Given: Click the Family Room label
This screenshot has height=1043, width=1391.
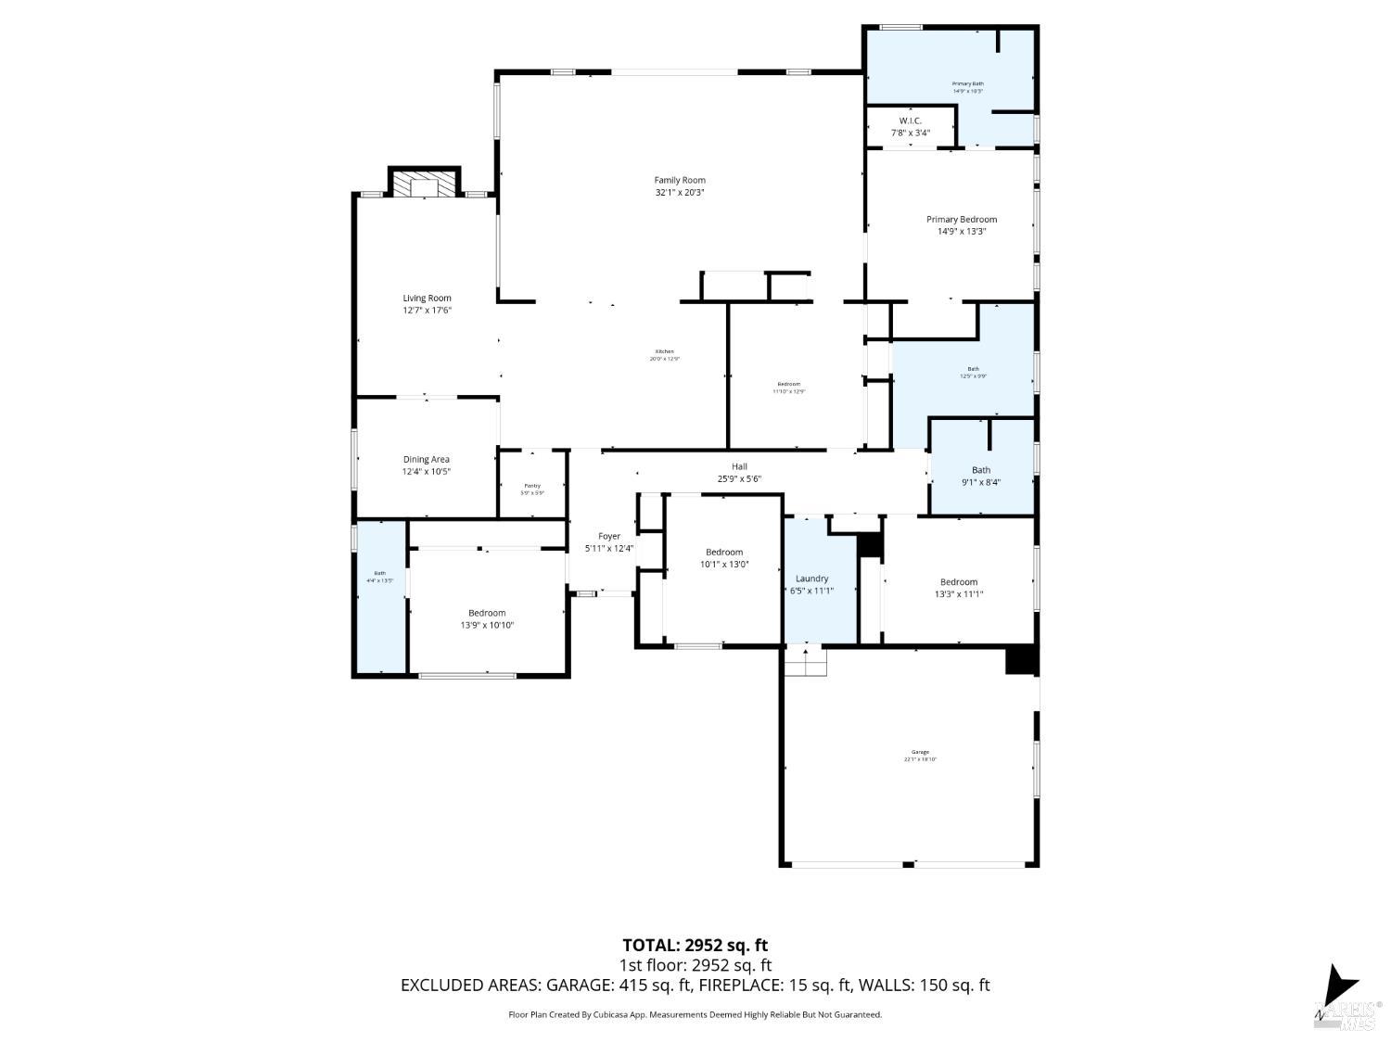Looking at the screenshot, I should tap(680, 181).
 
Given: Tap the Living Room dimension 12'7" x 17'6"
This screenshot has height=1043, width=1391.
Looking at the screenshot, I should tap(427, 311).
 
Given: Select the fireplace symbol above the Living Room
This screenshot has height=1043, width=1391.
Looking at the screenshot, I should tap(424, 184).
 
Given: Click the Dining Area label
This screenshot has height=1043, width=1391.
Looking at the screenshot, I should tap(426, 460).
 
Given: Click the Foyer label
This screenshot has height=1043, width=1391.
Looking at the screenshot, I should tap(608, 537).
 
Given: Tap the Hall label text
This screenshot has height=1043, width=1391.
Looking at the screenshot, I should tap(738, 467).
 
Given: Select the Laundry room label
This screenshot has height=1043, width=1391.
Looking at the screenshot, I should tap(811, 579).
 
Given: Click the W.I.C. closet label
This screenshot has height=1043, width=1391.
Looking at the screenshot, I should tap(910, 121).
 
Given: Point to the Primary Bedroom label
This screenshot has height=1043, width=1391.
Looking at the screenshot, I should tap(961, 220).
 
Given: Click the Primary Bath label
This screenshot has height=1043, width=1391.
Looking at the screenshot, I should tap(967, 84).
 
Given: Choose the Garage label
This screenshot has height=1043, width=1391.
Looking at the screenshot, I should tap(920, 753).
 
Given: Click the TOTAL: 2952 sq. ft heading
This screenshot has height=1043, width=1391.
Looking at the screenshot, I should tap(695, 946).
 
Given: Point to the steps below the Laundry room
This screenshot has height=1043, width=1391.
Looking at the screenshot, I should tap(805, 662).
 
